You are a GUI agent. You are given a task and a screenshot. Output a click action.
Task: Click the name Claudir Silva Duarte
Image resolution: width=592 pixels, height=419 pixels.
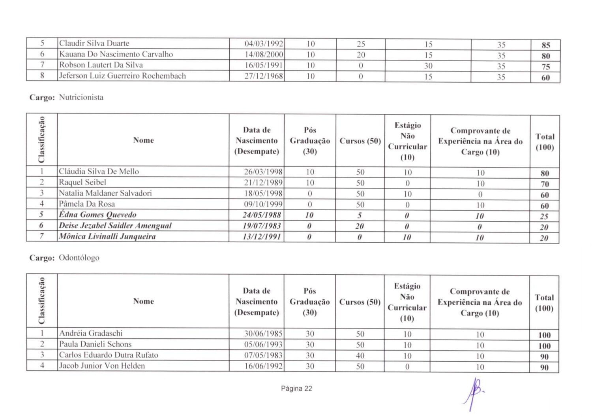(94, 43)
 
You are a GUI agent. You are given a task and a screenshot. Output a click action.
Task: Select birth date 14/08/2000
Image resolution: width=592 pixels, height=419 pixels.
(264, 55)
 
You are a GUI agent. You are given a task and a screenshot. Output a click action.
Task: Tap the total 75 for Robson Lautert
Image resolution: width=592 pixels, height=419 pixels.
(545, 67)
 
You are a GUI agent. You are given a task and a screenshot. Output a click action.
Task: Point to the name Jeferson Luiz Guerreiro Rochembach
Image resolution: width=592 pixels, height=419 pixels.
(122, 76)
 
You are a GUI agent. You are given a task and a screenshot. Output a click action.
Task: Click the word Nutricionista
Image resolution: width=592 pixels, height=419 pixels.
(81, 97)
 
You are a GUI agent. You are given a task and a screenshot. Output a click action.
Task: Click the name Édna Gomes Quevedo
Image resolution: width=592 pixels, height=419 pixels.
(97, 215)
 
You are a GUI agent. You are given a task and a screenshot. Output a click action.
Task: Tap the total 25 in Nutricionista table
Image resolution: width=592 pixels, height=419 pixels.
(544, 217)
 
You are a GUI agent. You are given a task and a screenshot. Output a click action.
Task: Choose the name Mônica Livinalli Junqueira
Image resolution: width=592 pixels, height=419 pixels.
(107, 236)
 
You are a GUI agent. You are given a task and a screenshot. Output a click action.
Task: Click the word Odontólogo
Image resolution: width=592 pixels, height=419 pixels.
(79, 258)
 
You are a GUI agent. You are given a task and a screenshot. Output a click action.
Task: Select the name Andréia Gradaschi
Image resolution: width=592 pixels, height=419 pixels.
(91, 333)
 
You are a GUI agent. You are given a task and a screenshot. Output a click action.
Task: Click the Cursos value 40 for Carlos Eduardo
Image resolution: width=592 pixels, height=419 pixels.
(360, 355)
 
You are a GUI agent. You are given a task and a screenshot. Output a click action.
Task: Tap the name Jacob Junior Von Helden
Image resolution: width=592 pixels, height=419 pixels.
(102, 366)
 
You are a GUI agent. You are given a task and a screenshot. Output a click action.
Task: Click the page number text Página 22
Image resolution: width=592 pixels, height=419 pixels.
(296, 389)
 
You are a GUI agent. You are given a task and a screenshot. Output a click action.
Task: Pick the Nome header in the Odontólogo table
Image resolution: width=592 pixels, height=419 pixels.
(143, 301)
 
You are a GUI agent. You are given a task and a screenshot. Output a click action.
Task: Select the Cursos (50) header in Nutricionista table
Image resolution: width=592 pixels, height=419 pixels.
(360, 141)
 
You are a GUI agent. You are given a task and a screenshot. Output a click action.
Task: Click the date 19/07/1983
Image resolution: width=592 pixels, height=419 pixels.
(262, 226)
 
